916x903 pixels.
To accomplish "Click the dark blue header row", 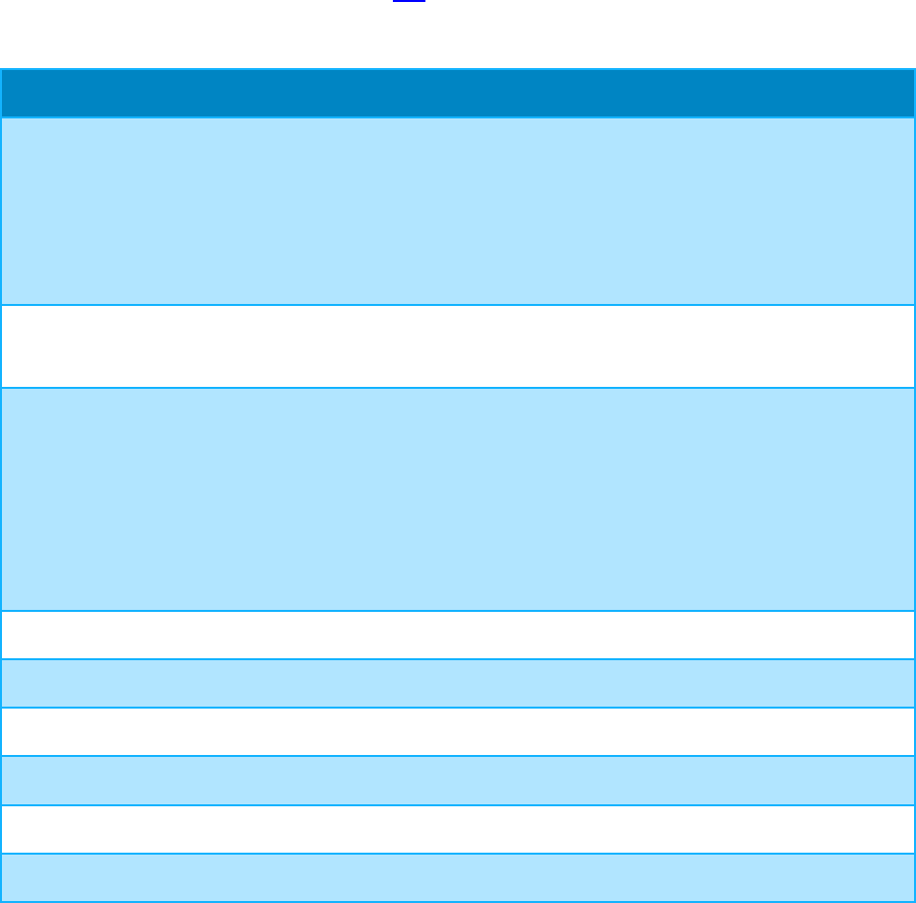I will tap(457, 93).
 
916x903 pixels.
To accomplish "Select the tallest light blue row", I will tap(457, 499).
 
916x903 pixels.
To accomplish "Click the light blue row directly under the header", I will tap(457, 211).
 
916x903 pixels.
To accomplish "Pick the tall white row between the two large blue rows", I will tap(457, 346).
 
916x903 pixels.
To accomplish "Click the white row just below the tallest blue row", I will tap(457, 635).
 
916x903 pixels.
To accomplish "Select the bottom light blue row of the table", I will tap(457, 877).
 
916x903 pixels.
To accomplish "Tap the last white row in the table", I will tap(457, 829).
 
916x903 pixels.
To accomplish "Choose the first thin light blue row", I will tap(457, 683).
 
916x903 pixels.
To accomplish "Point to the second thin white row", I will tap(457, 731).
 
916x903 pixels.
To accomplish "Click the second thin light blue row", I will tap(457, 780).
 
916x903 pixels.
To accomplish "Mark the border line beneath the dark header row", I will tap(457, 117).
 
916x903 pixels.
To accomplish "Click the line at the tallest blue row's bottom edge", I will tap(457, 611).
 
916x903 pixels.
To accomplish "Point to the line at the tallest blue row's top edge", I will tap(457, 388).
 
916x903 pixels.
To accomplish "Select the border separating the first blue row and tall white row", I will tap(457, 305).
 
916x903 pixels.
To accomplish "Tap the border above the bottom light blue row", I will tap(457, 853).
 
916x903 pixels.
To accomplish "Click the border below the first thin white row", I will tap(457, 658).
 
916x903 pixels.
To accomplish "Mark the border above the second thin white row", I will tap(457, 708).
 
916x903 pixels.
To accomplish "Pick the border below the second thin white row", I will tap(457, 756).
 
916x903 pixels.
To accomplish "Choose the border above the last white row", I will tap(457, 804).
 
